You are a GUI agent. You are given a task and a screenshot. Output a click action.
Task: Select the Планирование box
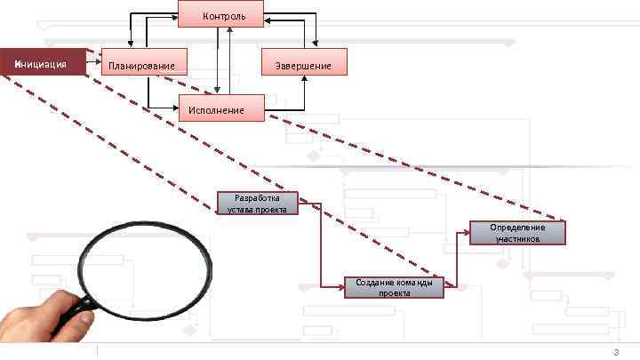[144, 63]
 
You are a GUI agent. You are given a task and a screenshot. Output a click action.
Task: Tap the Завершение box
[304, 63]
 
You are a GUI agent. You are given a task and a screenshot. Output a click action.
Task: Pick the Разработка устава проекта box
[257, 204]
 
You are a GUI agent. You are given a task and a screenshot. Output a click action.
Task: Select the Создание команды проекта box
[394, 287]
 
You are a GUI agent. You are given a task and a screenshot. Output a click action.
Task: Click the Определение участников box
[517, 233]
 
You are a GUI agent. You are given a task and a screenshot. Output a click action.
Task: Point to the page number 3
[616, 353]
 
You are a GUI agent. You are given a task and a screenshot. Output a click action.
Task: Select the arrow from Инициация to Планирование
[95, 63]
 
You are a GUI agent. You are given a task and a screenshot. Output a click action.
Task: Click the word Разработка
[257, 198]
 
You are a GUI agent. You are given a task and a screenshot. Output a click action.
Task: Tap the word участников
[517, 239]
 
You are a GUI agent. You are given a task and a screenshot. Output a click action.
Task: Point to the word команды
[412, 282]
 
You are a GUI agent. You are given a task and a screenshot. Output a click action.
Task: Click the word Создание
[374, 282]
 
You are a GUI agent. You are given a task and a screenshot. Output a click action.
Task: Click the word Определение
[517, 228]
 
